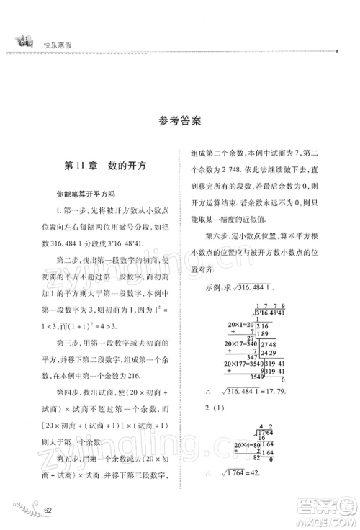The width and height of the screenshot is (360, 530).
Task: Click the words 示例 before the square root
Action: (x=212, y=289)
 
